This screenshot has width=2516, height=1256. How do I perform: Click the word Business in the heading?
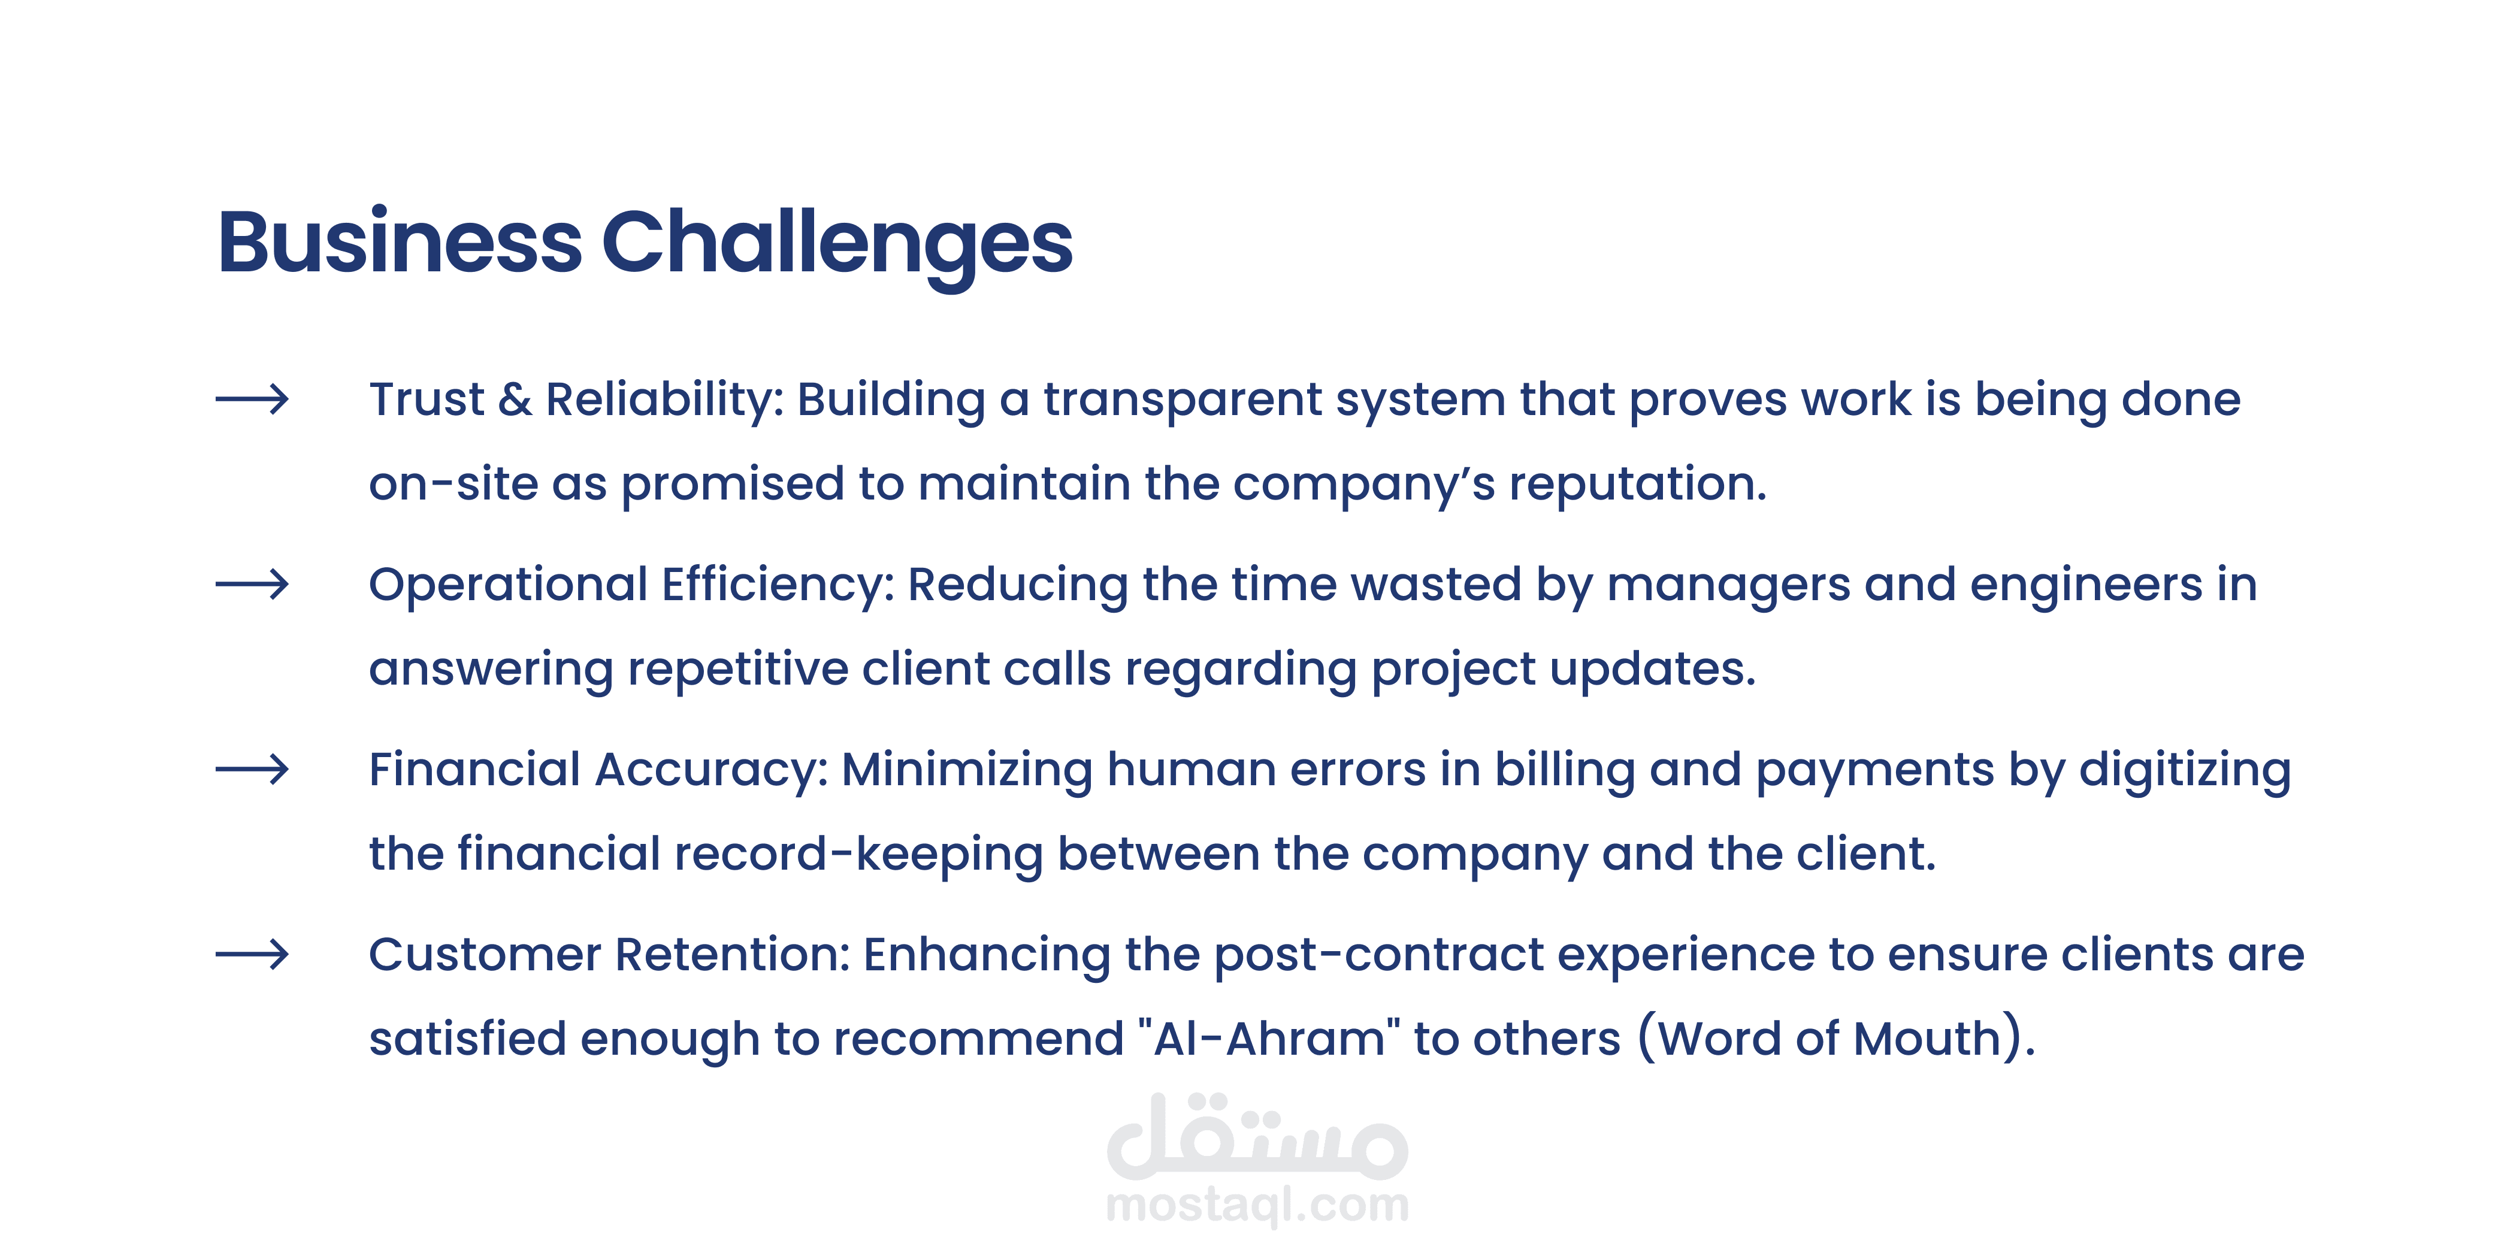point(400,241)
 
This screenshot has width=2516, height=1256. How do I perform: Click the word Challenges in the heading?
point(837,246)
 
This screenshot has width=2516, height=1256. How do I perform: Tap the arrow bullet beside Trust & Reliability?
point(252,398)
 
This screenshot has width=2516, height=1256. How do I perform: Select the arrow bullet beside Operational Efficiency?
point(252,584)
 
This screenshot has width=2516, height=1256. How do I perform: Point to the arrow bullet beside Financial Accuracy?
point(252,770)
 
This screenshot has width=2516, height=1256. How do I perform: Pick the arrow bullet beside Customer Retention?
point(252,954)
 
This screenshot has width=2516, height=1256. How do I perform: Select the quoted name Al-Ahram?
point(1270,1039)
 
